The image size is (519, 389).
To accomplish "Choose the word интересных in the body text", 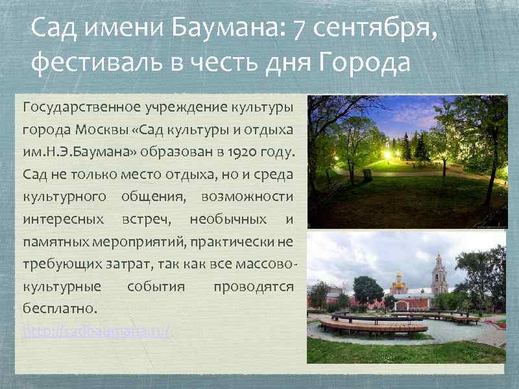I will [x=63, y=219].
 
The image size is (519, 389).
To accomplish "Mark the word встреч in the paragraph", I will [x=146, y=219].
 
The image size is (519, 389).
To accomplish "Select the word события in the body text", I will [x=156, y=287].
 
